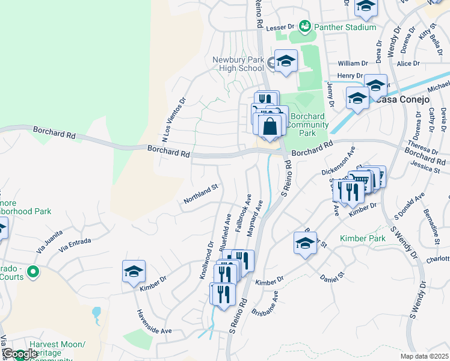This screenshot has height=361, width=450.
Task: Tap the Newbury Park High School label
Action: pyautogui.click(x=238, y=64)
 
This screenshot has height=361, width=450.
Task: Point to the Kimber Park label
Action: pyautogui.click(x=362, y=239)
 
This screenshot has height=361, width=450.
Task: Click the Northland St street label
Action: pyautogui.click(x=200, y=194)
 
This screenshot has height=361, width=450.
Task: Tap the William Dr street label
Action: pyautogui.click(x=353, y=63)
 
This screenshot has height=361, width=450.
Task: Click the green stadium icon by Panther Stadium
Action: pyautogui.click(x=305, y=26)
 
